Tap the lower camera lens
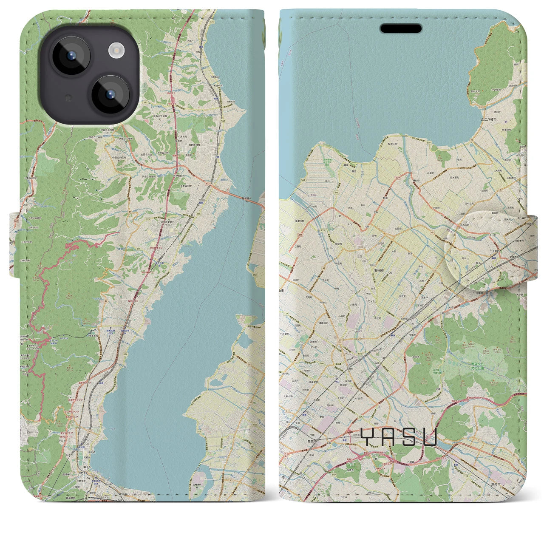point(110,94)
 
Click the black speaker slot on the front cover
point(400,28)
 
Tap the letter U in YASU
point(428,436)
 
